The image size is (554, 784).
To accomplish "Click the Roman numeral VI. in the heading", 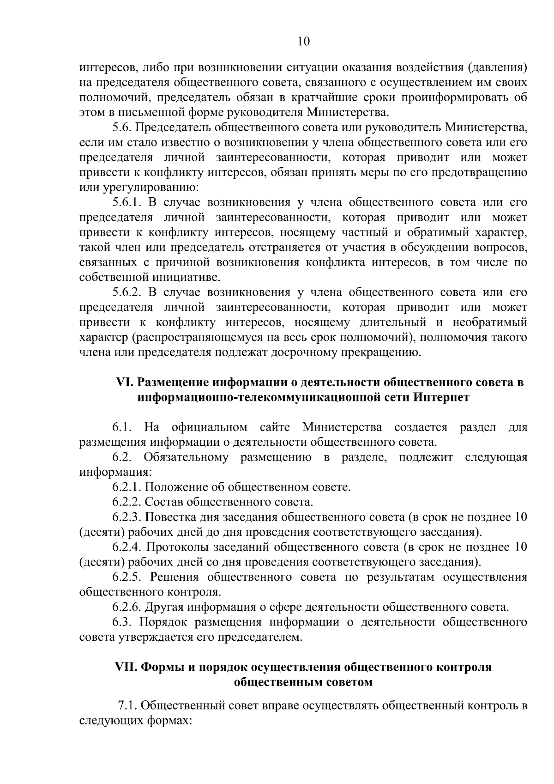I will pyautogui.click(x=125, y=383).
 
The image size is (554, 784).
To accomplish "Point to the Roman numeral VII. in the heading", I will pyautogui.click(x=126, y=668).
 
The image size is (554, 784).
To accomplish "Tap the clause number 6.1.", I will pyautogui.click(x=122, y=427).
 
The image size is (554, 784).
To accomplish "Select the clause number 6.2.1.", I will pyautogui.click(x=126, y=487).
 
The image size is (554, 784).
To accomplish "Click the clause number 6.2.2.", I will pyautogui.click(x=126, y=502).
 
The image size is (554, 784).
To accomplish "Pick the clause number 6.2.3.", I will pyautogui.click(x=126, y=517).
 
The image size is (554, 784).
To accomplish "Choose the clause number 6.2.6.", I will pyautogui.click(x=126, y=607).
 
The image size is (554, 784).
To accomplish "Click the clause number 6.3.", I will pyautogui.click(x=122, y=622).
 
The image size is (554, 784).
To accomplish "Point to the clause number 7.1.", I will pyautogui.click(x=127, y=705).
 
